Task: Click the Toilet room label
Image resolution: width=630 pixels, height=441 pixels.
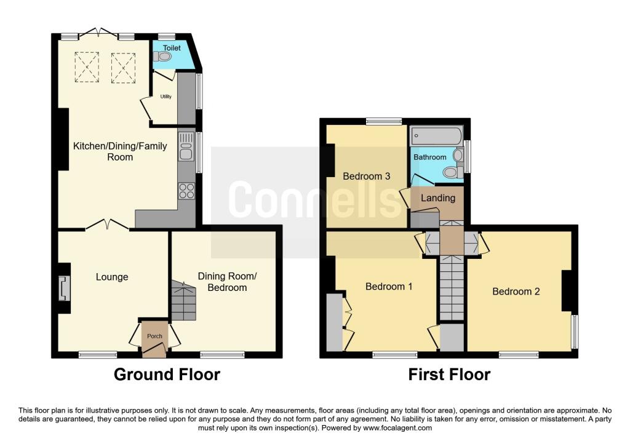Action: pos(172,48)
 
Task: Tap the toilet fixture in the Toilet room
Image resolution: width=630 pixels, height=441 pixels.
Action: pos(162,57)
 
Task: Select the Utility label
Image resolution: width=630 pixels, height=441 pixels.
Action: pos(166,97)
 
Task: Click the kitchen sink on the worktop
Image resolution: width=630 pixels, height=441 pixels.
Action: pos(186,146)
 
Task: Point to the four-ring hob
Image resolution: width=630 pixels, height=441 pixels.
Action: pos(187,191)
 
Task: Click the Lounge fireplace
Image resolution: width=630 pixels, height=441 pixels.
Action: pos(64,288)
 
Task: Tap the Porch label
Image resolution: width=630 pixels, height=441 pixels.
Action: pos(154,336)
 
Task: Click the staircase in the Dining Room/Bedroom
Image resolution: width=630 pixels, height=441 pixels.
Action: pos(184,300)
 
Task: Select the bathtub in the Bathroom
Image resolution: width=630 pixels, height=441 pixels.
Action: pos(436,136)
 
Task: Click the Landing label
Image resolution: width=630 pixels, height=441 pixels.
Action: pos(438,197)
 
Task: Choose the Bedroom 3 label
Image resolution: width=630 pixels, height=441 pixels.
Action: pos(367,176)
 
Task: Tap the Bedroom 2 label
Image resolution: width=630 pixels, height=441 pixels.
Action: pos(516,291)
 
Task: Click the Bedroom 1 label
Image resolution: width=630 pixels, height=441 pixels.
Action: pos(389,287)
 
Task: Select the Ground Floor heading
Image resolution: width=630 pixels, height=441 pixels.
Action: pos(167,375)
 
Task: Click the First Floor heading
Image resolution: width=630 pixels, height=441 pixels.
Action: pos(449,375)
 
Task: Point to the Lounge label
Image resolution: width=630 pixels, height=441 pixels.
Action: pos(112,277)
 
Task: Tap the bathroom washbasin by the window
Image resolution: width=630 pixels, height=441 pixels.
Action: pos(458,154)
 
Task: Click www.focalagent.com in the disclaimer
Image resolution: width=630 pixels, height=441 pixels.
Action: pos(397,427)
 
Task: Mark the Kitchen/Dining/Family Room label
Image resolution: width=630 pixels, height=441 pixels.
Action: pos(120,151)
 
